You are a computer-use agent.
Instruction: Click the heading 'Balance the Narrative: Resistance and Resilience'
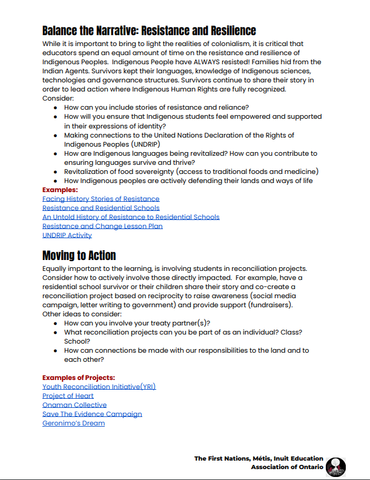149,30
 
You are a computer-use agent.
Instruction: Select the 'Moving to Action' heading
79,255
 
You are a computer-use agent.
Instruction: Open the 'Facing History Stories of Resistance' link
101,199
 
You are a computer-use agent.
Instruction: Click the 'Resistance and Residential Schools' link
101,208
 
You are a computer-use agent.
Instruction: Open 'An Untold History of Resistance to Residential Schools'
131,217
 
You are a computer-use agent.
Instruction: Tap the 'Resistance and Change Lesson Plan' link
102,226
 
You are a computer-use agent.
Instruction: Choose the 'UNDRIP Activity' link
67,235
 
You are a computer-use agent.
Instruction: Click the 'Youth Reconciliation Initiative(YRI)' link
99,387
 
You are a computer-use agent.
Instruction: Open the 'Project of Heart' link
68,396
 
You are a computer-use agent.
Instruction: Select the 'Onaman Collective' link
74,405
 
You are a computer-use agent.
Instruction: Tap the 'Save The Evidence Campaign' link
92,414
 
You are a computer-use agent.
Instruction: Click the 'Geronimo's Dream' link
73,423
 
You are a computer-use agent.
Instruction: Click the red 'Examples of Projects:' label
78,378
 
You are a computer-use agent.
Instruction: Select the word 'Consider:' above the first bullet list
58,98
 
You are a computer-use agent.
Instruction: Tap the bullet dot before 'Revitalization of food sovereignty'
55,172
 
